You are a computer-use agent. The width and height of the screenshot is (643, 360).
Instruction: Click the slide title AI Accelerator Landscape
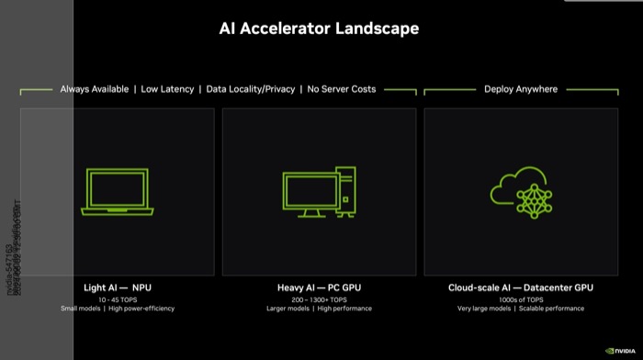(319, 28)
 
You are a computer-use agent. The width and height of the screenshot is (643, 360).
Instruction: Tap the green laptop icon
(117, 191)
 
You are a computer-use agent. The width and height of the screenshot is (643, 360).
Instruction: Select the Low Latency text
(167, 89)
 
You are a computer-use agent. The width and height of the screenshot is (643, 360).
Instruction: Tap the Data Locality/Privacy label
(250, 89)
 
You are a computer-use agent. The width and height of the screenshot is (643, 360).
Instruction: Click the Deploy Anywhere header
(521, 89)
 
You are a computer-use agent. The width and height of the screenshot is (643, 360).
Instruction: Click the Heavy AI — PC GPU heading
(319, 287)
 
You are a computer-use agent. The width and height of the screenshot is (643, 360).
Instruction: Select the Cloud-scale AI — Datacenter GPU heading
(520, 287)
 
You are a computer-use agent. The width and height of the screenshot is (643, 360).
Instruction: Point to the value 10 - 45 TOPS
(117, 299)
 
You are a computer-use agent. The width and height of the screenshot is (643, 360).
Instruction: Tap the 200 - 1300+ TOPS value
(319, 299)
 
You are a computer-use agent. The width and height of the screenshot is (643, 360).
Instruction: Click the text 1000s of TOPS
(520, 299)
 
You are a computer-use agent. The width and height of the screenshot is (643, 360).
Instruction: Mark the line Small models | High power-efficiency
(117, 309)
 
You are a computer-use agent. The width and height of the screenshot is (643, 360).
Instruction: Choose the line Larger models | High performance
(319, 309)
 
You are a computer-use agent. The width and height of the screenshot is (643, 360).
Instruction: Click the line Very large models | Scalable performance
(520, 309)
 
